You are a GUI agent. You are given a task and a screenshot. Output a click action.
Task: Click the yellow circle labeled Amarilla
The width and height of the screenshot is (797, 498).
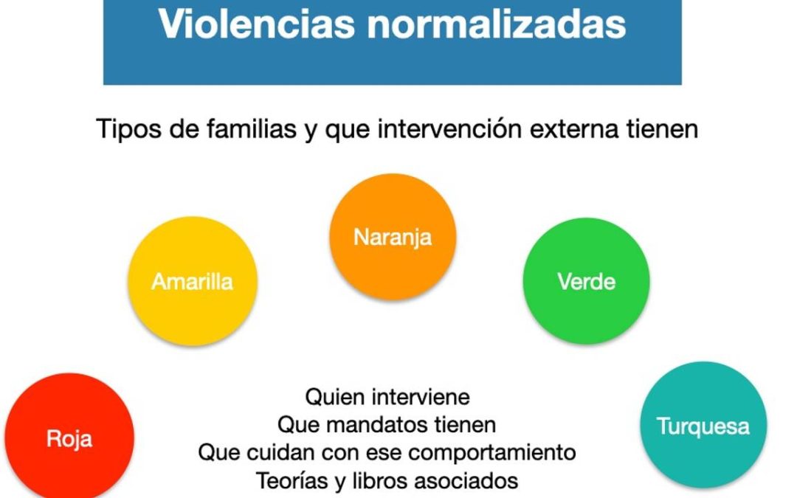click(x=193, y=281)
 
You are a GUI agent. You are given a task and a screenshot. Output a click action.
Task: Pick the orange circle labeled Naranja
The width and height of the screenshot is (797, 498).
click(x=393, y=237)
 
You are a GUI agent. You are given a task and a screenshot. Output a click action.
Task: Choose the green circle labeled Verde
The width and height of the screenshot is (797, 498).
click(x=587, y=281)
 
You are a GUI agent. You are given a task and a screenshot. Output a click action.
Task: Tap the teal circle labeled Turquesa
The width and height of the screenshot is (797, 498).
click(x=703, y=426)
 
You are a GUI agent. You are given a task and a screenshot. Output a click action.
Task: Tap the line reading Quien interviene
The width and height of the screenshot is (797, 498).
click(x=387, y=397)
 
